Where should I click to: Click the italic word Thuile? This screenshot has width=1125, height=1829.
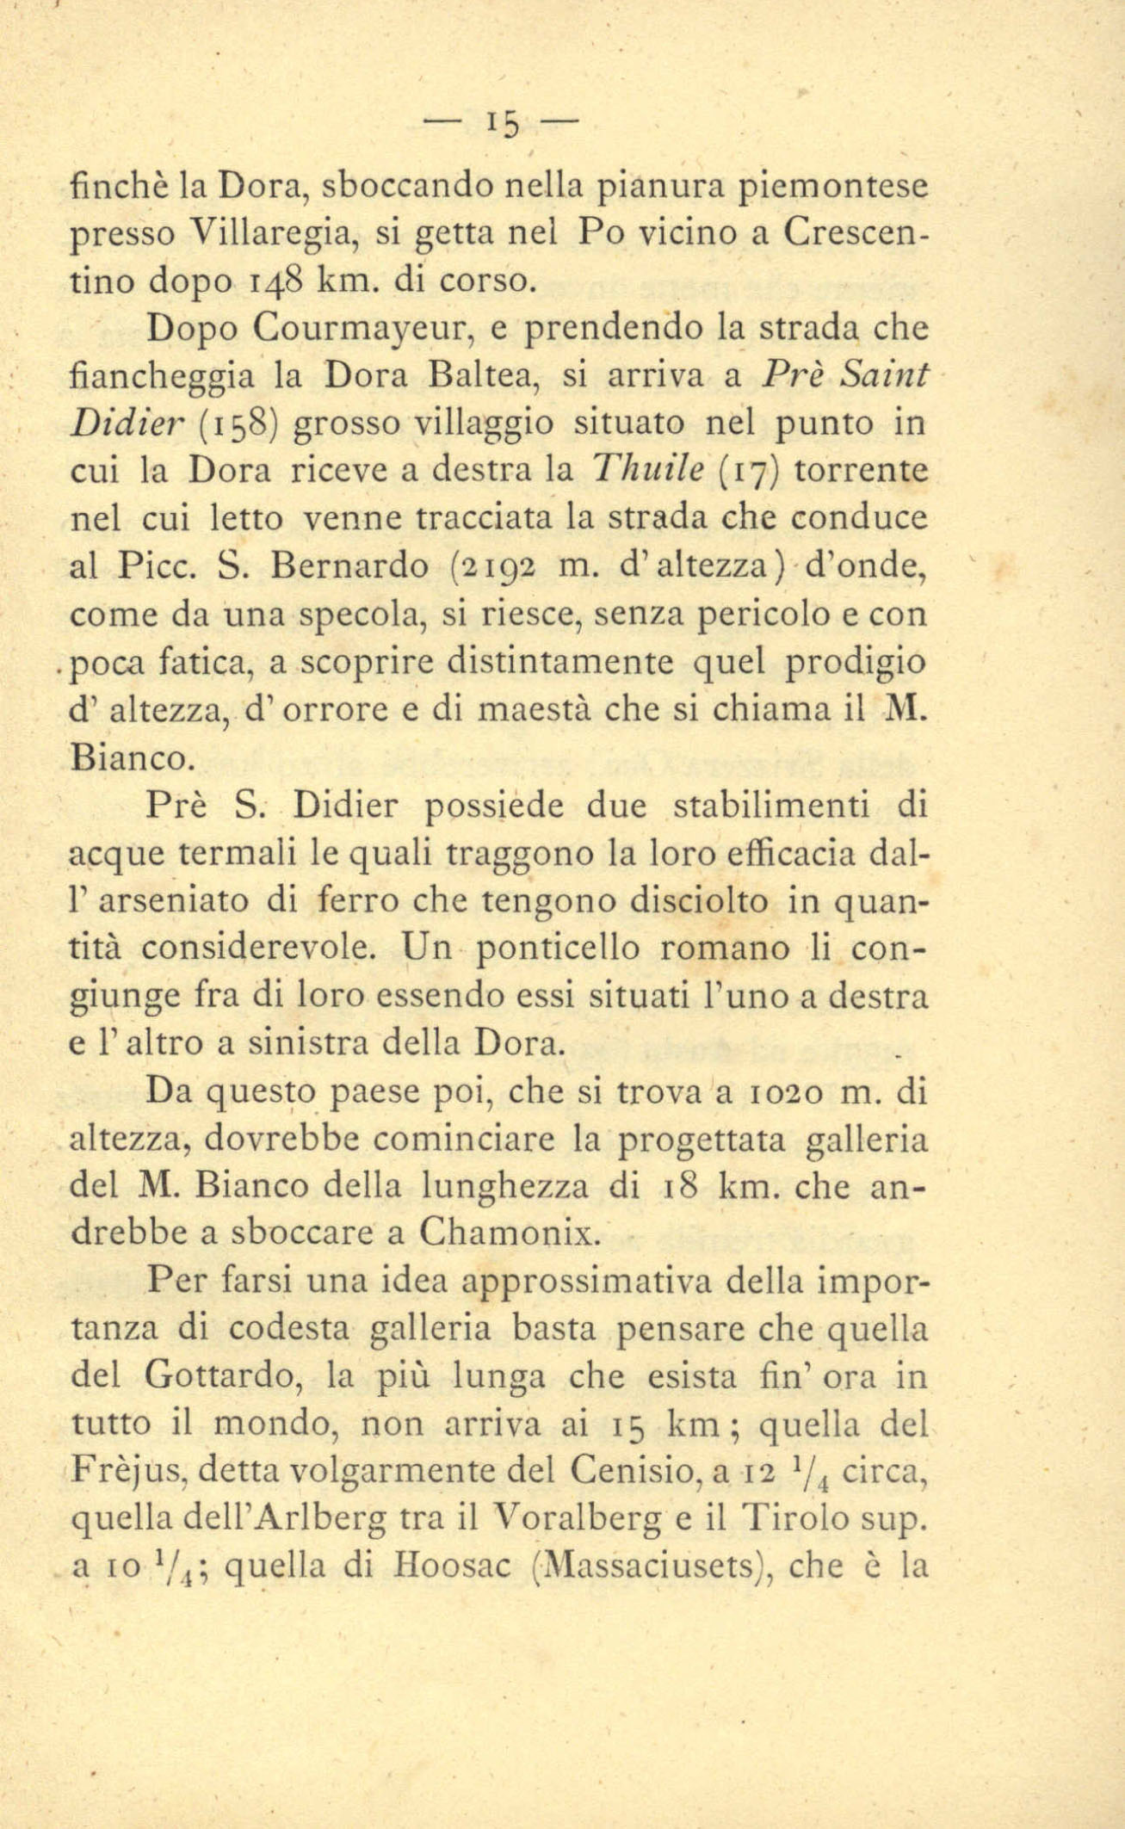tap(647, 471)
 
